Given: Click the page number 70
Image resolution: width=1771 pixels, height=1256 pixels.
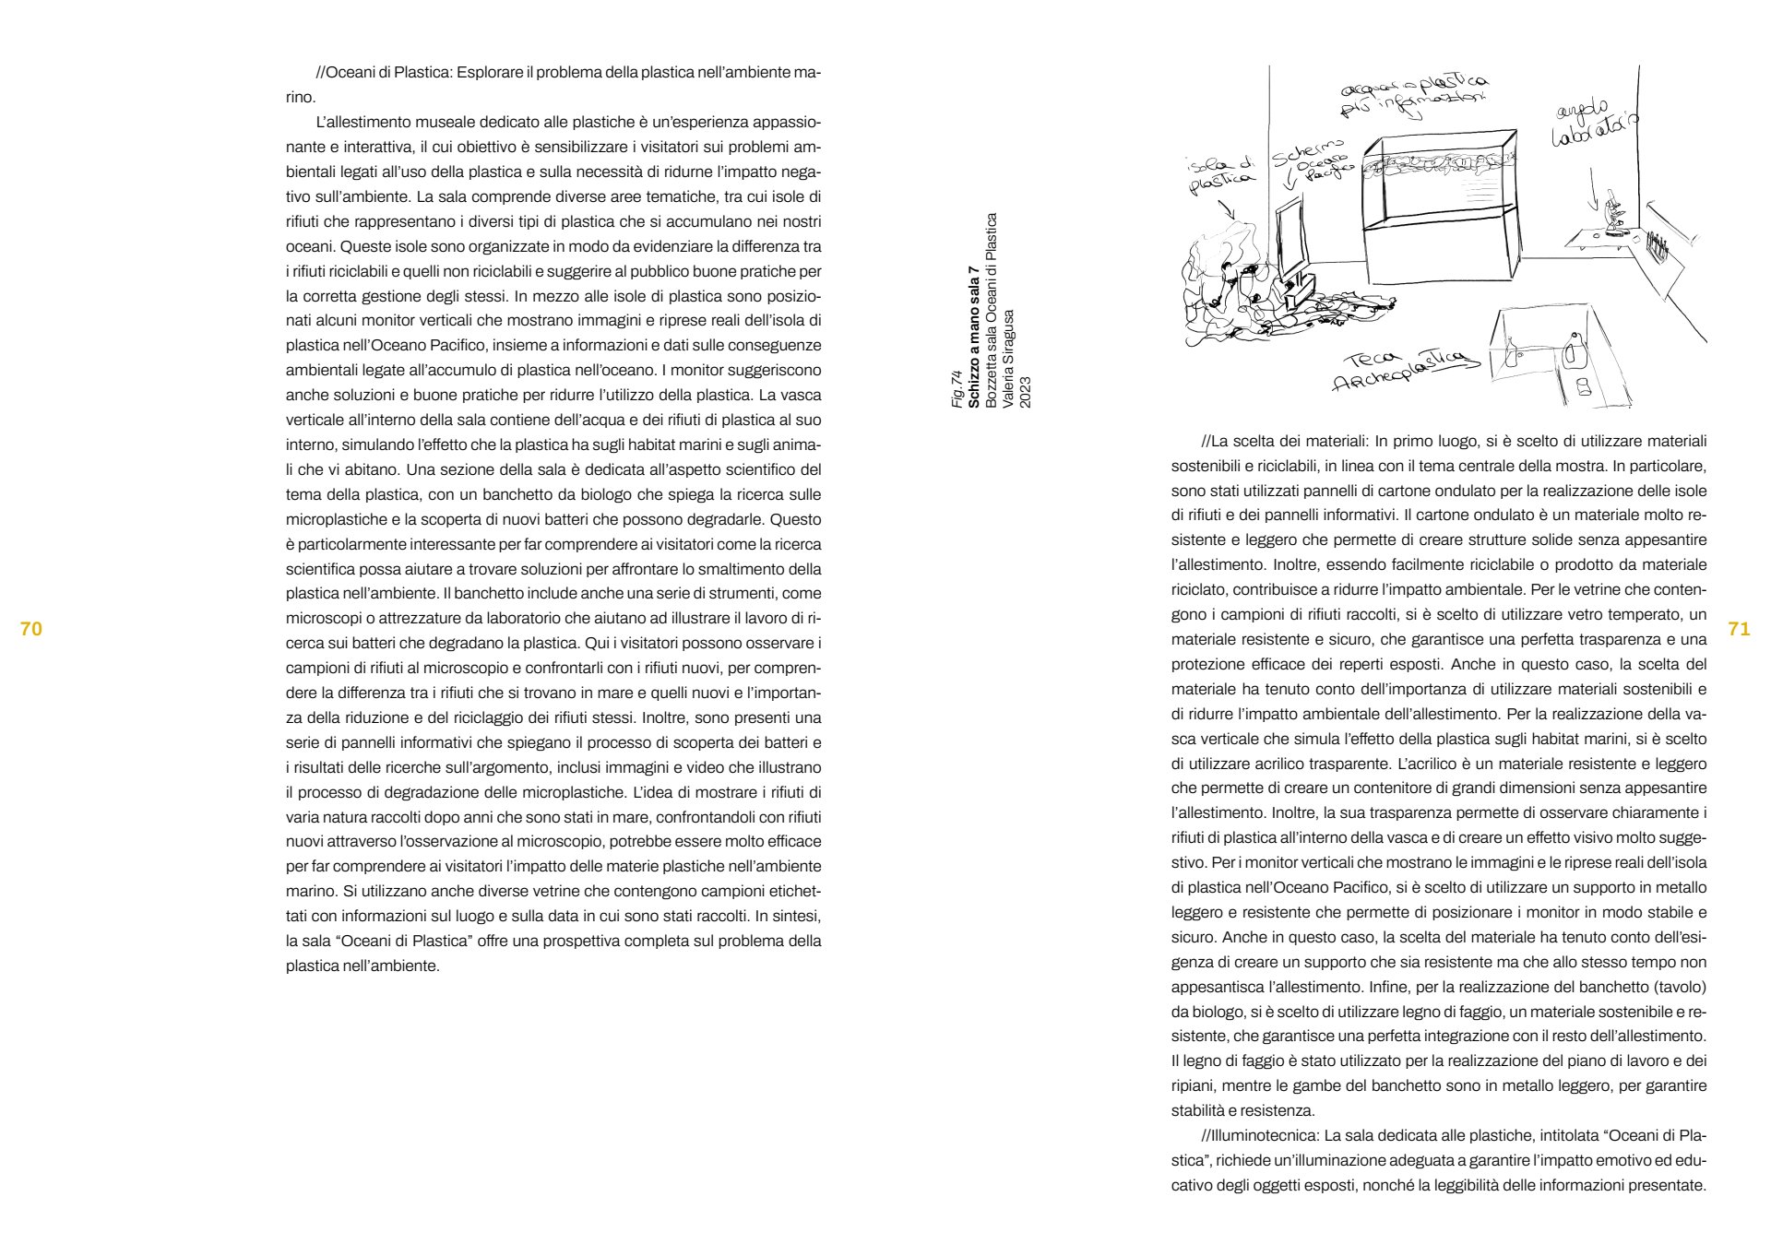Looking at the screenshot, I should [x=31, y=629].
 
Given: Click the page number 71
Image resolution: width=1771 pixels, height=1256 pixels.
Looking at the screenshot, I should [x=1738, y=629].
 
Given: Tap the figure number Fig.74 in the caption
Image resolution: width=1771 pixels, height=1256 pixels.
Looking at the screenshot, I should [x=957, y=388].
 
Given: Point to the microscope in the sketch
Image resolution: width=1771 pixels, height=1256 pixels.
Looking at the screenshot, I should [x=1612, y=215].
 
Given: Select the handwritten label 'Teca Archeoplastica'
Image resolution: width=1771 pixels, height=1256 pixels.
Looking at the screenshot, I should [x=1396, y=369].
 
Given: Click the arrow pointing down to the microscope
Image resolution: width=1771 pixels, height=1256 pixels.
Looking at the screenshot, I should [x=1593, y=189].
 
